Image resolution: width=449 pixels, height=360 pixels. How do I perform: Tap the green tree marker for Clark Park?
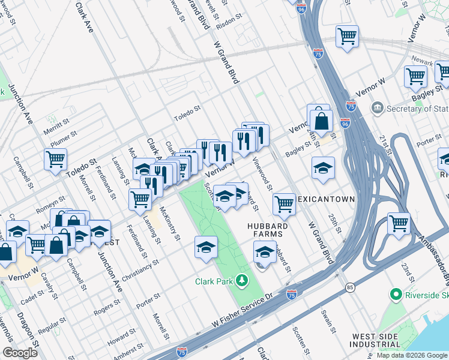241,280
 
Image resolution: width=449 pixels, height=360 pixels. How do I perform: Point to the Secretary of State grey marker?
377,108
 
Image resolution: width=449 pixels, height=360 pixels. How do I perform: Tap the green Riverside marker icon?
395,295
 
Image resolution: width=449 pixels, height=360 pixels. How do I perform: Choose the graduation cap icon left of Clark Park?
206,247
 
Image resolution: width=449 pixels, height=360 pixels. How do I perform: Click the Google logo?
20,353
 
